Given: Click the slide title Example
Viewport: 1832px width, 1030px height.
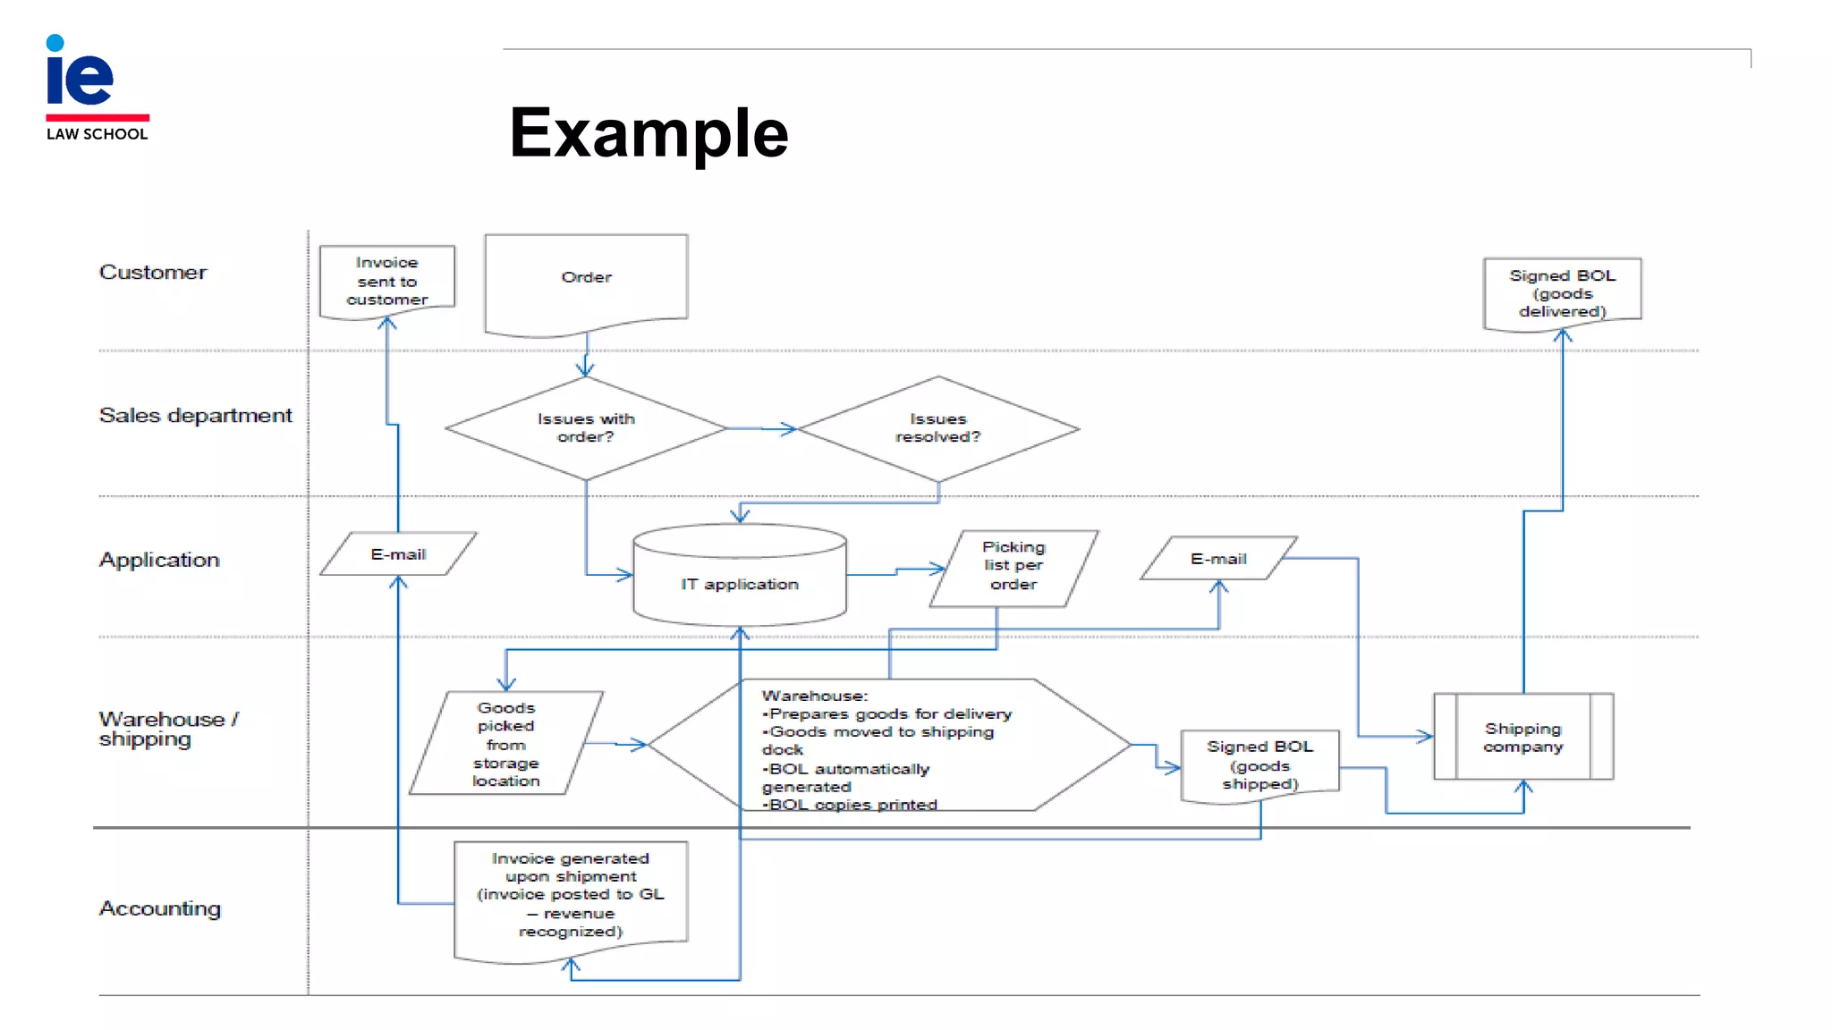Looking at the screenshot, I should tap(649, 133).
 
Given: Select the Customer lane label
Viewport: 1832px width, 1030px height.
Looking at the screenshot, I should tap(152, 272).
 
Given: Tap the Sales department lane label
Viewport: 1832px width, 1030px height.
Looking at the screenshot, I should tap(195, 415).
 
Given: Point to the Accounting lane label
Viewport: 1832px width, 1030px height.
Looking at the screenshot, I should tap(159, 908).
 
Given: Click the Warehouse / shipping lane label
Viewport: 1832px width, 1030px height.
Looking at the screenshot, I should tap(166, 729).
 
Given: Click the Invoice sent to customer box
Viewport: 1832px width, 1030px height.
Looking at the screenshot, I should tap(386, 280).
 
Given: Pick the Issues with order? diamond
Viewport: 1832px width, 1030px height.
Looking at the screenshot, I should tap(585, 427).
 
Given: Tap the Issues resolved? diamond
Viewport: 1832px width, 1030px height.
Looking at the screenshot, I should tap(937, 427).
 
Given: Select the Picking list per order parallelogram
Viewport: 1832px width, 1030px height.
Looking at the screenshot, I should tap(1013, 566).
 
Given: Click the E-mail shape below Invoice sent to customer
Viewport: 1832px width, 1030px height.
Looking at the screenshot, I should tap(398, 554).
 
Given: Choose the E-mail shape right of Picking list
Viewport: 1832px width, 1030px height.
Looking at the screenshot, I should tap(1217, 559).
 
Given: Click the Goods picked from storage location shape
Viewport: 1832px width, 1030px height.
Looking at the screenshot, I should tap(505, 744).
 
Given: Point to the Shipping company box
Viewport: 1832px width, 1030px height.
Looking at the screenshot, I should tap(1522, 738).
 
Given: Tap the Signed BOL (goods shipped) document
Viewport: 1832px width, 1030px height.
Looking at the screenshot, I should tap(1259, 764).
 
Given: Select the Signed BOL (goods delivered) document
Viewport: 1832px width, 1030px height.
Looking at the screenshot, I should tap(1562, 292).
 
